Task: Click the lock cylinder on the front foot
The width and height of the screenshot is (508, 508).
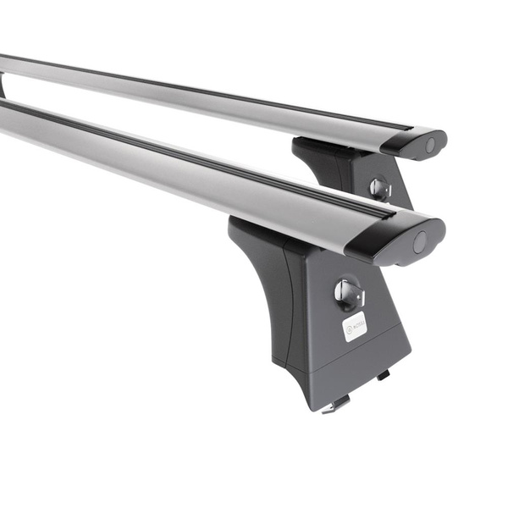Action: pyautogui.click(x=347, y=294)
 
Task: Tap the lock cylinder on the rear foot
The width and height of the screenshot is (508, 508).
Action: pyautogui.click(x=380, y=188)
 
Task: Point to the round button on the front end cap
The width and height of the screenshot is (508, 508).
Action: pyautogui.click(x=420, y=242)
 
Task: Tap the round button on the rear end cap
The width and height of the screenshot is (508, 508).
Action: pyautogui.click(x=430, y=145)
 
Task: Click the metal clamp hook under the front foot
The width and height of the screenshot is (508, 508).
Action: pyautogui.click(x=337, y=405)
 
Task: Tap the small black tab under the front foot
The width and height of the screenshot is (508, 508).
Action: pyautogui.click(x=384, y=374)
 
